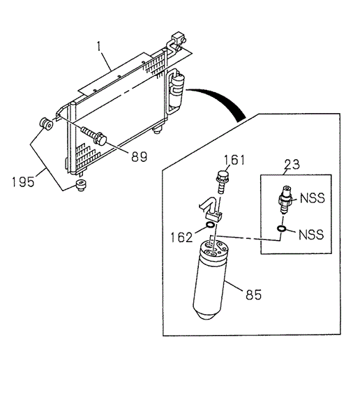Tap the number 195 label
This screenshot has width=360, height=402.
point(24,182)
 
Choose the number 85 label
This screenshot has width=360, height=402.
point(253,294)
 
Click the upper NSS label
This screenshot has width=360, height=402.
point(310,199)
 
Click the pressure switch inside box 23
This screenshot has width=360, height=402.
point(285,200)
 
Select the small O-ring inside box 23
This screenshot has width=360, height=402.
point(280,229)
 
